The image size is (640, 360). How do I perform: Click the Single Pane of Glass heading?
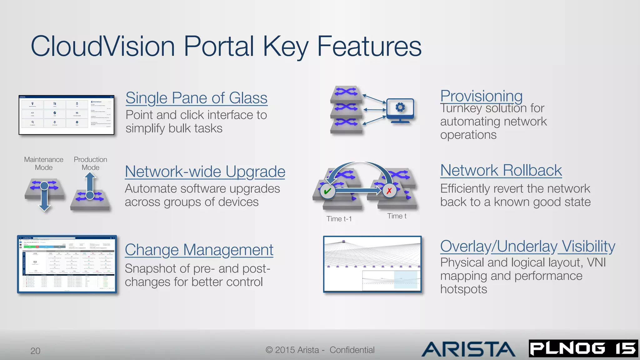tap(196, 98)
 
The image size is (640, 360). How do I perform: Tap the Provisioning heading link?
tap(481, 96)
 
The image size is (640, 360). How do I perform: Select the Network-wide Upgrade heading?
tap(205, 172)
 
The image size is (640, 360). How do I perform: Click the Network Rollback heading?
tap(501, 170)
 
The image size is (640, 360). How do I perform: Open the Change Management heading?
tap(199, 250)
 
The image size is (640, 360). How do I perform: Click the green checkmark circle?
tap(327, 191)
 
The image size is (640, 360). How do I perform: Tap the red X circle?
tap(389, 191)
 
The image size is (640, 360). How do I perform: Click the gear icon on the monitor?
tap(400, 107)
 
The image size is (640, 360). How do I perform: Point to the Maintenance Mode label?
tap(44, 163)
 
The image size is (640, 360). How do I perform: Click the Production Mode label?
tap(90, 163)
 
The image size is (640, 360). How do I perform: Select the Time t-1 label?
tap(339, 219)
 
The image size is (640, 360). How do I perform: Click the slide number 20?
tap(35, 351)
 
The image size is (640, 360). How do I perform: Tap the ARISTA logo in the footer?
tap(468, 349)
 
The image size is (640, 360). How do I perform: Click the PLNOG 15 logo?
tap(583, 348)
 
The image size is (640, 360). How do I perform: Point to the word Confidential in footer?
tap(352, 350)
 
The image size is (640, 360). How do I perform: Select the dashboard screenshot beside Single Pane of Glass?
tap(67, 115)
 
